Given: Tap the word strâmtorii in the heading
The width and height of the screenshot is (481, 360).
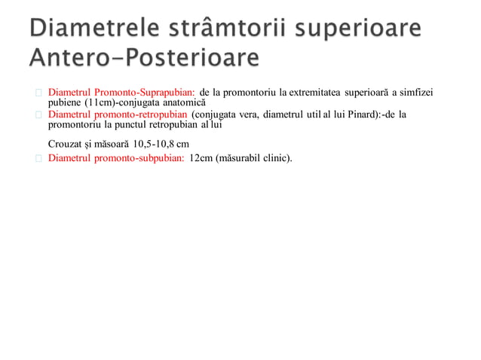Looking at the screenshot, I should (x=247, y=31).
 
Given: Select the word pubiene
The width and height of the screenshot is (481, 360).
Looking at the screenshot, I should (x=66, y=102).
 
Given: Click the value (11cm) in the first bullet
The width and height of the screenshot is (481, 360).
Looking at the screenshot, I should (x=103, y=102).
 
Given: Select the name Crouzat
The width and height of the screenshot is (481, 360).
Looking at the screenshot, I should (x=66, y=143).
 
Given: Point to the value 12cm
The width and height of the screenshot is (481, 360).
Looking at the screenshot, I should (x=201, y=159).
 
